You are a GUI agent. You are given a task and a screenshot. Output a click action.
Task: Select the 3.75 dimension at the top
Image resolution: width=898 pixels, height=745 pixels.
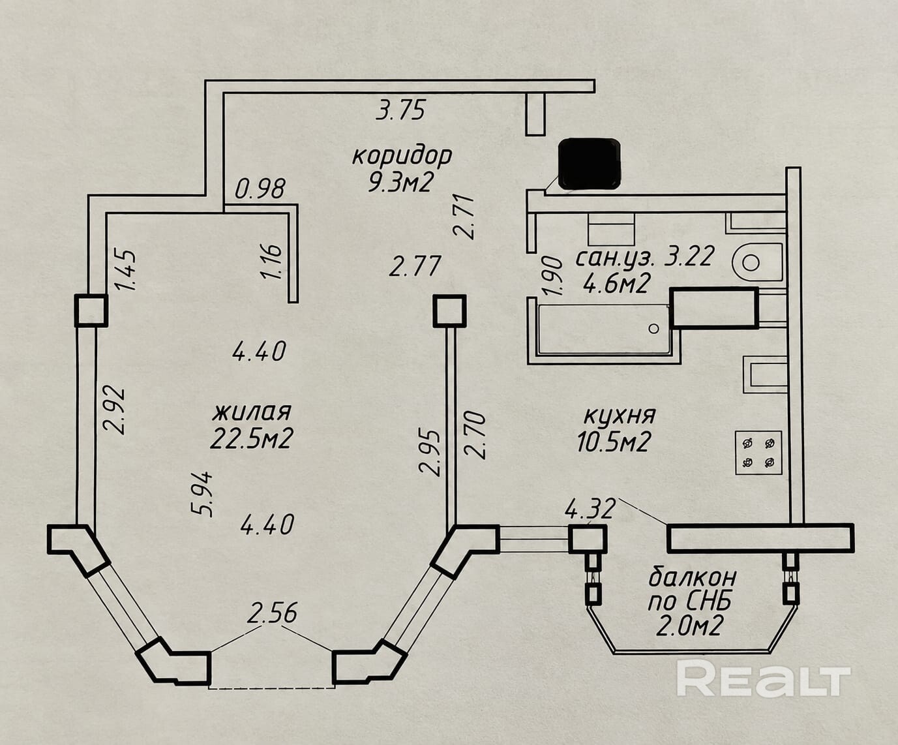click(x=400, y=110)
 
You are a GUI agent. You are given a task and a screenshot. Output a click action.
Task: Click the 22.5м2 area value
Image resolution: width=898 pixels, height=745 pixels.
click(x=252, y=439)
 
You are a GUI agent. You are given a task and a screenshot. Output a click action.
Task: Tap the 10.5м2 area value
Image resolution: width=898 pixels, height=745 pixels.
click(x=613, y=442)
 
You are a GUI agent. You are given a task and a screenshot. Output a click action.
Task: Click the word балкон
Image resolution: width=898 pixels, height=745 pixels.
click(x=693, y=577)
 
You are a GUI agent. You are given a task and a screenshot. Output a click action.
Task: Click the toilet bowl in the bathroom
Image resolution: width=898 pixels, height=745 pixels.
click(x=757, y=262)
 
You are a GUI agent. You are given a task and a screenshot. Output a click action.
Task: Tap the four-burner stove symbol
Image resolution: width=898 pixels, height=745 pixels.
click(x=758, y=453)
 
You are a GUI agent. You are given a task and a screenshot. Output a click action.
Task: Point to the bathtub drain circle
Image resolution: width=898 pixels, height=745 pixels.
click(x=653, y=329)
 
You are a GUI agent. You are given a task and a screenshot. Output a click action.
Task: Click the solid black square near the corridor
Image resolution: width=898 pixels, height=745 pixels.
click(x=589, y=164)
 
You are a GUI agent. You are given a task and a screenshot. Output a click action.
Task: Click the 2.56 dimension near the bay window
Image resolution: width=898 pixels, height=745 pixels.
click(x=272, y=613)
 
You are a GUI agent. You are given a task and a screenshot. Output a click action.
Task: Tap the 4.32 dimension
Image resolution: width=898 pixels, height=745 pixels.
click(x=590, y=509)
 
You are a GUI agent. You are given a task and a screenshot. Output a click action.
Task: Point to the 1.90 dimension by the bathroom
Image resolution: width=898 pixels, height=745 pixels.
click(x=552, y=276)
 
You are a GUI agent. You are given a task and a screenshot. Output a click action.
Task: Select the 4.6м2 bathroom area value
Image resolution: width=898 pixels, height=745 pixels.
click(x=615, y=284)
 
